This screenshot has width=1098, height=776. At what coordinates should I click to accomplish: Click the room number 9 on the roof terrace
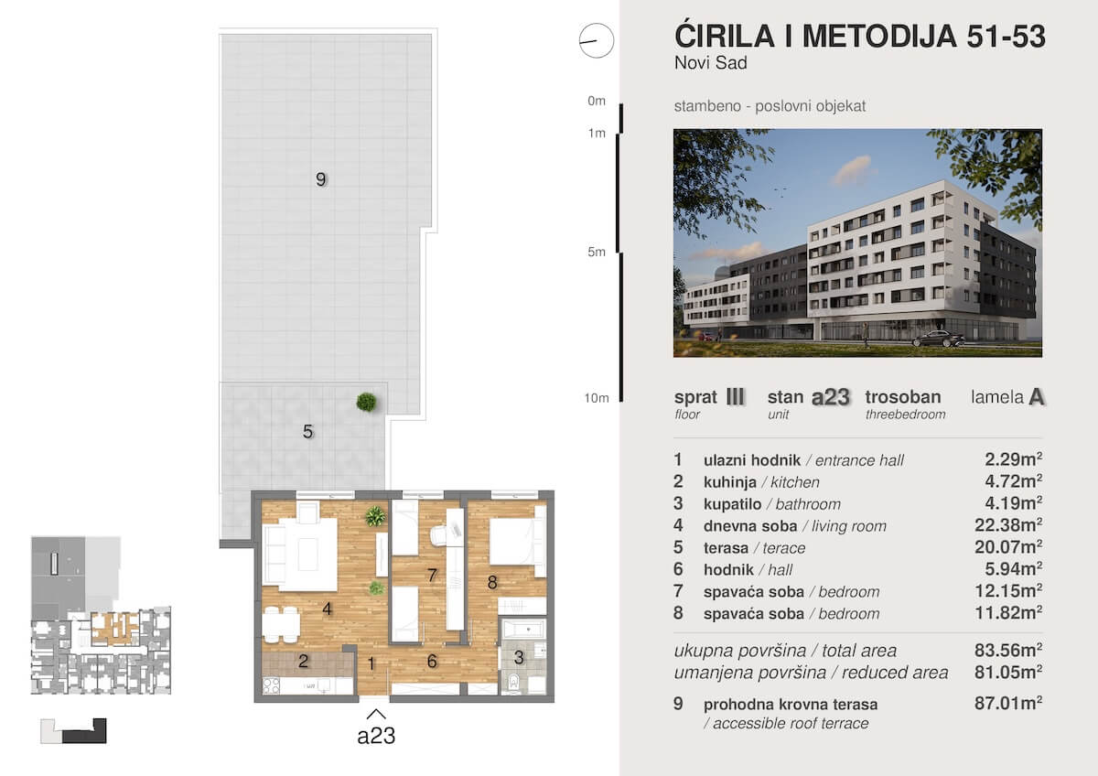[x=320, y=179]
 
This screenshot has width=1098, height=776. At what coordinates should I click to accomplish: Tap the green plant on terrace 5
[x=367, y=402]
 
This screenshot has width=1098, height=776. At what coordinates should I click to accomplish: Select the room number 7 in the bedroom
[x=432, y=575]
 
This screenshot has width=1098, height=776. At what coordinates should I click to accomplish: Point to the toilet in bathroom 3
[x=513, y=682]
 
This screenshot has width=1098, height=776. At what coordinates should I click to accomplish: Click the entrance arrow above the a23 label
[x=376, y=715]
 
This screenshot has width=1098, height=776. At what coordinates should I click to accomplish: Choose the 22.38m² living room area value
[x=1008, y=525]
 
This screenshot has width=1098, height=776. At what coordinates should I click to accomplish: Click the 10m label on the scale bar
[x=597, y=398]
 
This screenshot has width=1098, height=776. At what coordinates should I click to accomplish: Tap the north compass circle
[x=596, y=40]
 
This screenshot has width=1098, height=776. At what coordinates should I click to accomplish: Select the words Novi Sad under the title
[x=711, y=63]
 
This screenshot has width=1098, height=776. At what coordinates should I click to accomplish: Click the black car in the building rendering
[x=938, y=339]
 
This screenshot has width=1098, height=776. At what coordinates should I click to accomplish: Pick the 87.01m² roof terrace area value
[x=1008, y=703]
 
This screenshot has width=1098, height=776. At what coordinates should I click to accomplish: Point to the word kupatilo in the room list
[x=732, y=504]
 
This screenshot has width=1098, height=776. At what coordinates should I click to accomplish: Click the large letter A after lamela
[x=1037, y=397]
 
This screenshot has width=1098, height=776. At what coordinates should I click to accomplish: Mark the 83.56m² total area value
[x=1008, y=650]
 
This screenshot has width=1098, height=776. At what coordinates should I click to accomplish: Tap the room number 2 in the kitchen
[x=304, y=662]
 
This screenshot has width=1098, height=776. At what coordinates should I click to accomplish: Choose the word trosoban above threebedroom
[x=903, y=396]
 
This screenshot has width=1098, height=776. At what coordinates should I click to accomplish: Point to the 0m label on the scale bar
[x=597, y=101]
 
